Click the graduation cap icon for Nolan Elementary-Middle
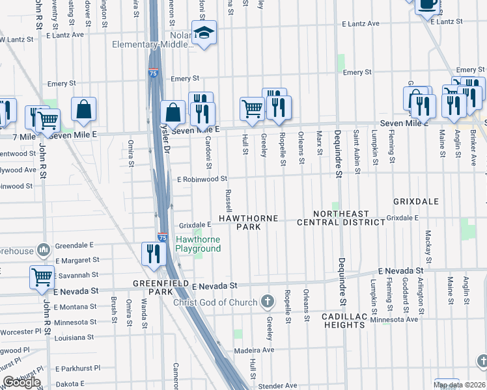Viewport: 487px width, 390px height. pos(204,35)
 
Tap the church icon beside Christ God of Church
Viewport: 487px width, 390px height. pos(266,301)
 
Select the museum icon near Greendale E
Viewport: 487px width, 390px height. pos(44,250)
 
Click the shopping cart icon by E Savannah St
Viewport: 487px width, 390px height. pos(42,276)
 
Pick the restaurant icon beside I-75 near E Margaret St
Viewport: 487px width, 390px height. pos(154,253)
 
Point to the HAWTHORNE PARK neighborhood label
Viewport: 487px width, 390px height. pos(248,222)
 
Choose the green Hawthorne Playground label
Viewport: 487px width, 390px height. pos(199,244)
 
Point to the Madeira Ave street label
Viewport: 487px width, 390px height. pos(255,350)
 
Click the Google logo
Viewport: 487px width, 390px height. pos(21,383)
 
